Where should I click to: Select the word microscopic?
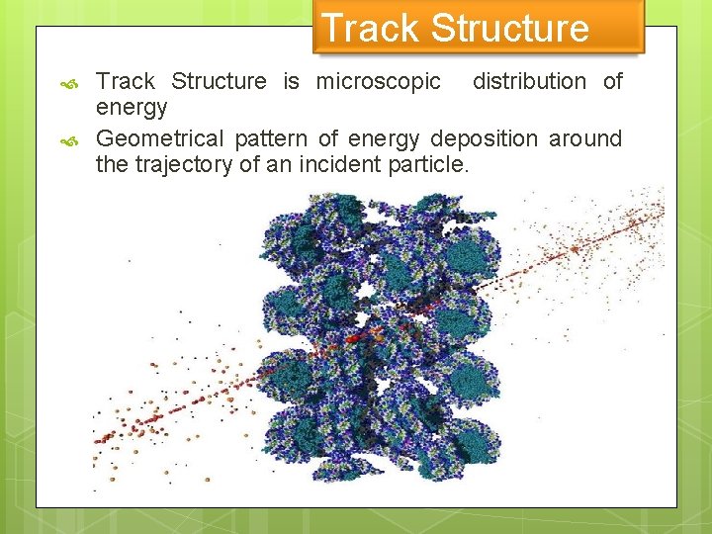click(x=378, y=81)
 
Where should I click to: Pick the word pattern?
click(x=271, y=138)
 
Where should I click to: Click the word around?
click(x=585, y=138)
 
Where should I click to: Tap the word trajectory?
click(x=183, y=164)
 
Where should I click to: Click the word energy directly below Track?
click(x=131, y=108)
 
